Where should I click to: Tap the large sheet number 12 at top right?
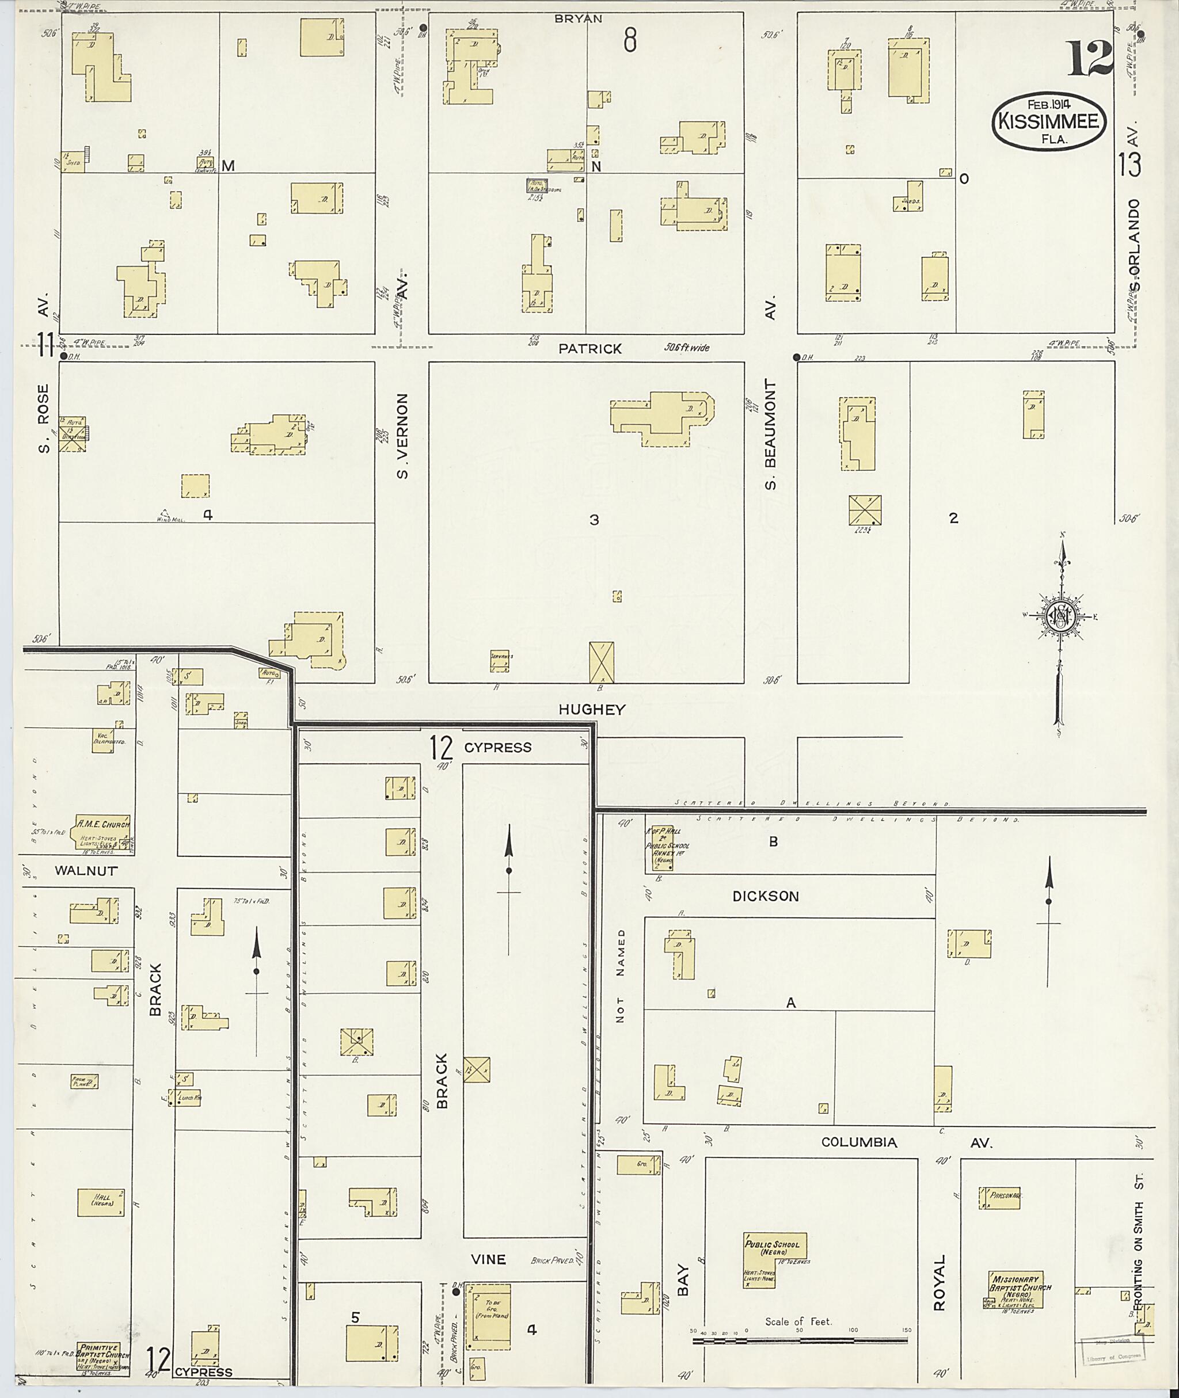[x=1089, y=58]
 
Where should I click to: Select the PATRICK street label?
[x=590, y=349]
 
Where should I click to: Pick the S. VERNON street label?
[x=402, y=436]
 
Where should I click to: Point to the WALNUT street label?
[x=86, y=871]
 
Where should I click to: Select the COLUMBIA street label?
[x=859, y=1142]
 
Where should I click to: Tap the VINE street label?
[x=488, y=1259]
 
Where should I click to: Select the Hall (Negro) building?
[x=101, y=1202]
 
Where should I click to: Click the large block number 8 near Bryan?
[x=630, y=41]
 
